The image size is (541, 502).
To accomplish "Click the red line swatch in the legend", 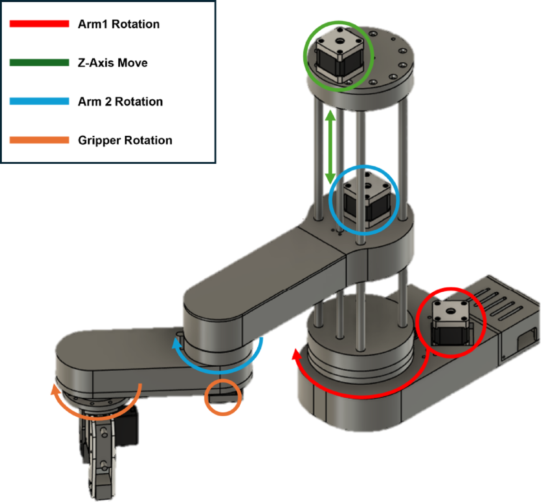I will click(x=39, y=24).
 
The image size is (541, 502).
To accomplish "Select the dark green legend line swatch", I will click(x=39, y=63).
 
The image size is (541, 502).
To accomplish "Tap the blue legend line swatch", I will click(x=39, y=101).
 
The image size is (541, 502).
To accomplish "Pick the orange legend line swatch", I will click(x=39, y=140).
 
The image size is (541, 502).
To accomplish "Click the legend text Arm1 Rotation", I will click(x=119, y=24).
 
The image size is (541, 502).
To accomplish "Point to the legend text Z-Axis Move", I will click(x=113, y=63).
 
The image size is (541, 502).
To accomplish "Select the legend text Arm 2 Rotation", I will click(x=120, y=101).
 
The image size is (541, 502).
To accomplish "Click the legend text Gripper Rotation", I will click(x=125, y=140).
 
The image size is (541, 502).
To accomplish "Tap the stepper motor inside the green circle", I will click(x=338, y=56).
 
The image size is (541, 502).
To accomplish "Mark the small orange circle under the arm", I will click(x=223, y=397).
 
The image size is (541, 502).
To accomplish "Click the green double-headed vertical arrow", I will click(x=330, y=147).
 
